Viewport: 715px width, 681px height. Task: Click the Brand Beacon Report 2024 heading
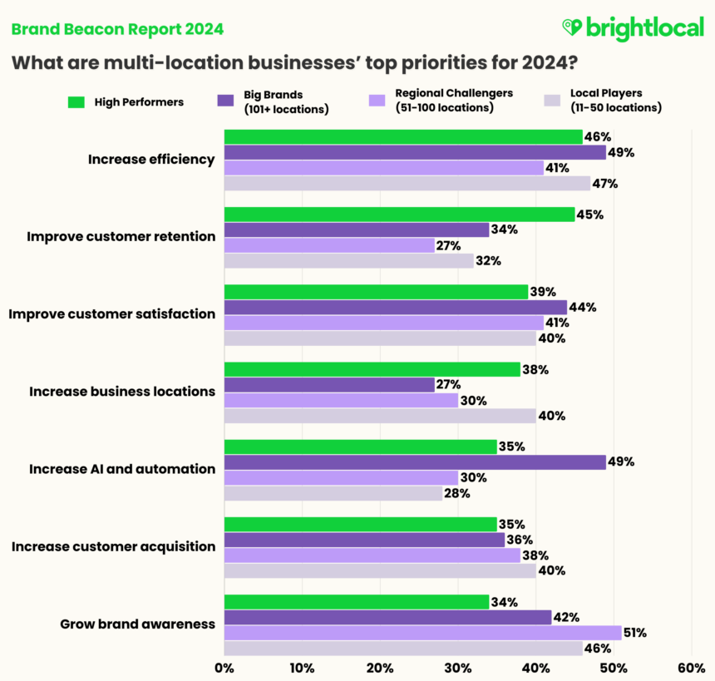pos(117,29)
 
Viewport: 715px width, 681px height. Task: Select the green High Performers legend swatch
pos(76,102)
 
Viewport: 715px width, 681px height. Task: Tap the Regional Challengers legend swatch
pos(377,101)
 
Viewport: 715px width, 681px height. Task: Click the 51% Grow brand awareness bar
pos(422,633)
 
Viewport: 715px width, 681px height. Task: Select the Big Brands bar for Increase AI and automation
pos(414,462)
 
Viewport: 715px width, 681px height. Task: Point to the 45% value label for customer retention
pos(589,214)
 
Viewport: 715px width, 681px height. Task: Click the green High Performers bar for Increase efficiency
pos(402,136)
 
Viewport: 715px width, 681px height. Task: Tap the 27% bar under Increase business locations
pos(329,385)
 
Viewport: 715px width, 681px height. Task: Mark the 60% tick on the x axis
pos(691,668)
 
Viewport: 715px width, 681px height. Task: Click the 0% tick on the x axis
pos(224,668)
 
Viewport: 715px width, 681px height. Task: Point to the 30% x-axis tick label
pos(457,668)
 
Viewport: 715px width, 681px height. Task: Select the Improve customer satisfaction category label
pos(111,313)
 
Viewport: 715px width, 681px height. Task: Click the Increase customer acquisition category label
pos(113,546)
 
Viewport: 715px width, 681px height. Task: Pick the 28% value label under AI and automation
pos(456,493)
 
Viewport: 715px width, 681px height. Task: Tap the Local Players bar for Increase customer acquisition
pos(379,570)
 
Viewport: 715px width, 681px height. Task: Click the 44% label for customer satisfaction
pos(582,307)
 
